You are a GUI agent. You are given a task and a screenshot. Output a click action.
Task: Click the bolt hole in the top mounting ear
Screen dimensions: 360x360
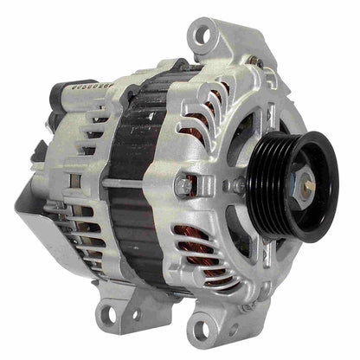(x=202, y=35)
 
